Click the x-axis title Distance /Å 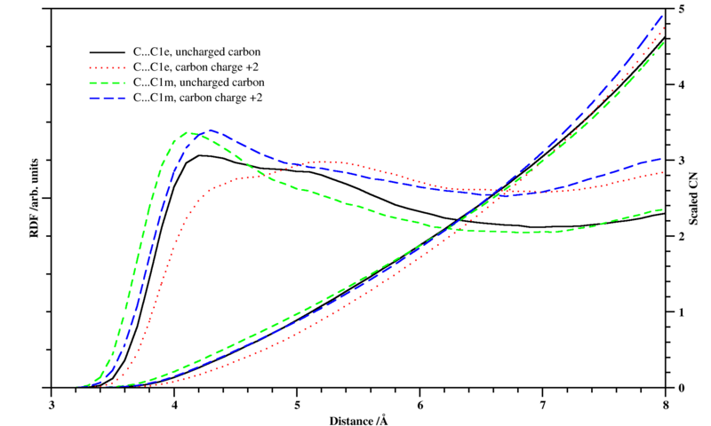[x=358, y=419]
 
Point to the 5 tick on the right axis [x=680, y=9]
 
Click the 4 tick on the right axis [x=680, y=85]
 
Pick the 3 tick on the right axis [x=680, y=161]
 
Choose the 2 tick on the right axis [x=680, y=236]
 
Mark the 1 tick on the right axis [x=680, y=312]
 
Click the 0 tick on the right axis [x=680, y=388]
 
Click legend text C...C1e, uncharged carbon [x=196, y=51]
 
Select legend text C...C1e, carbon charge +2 [x=196, y=67]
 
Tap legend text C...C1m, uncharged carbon [x=196, y=82]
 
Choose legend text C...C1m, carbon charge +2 [x=196, y=97]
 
